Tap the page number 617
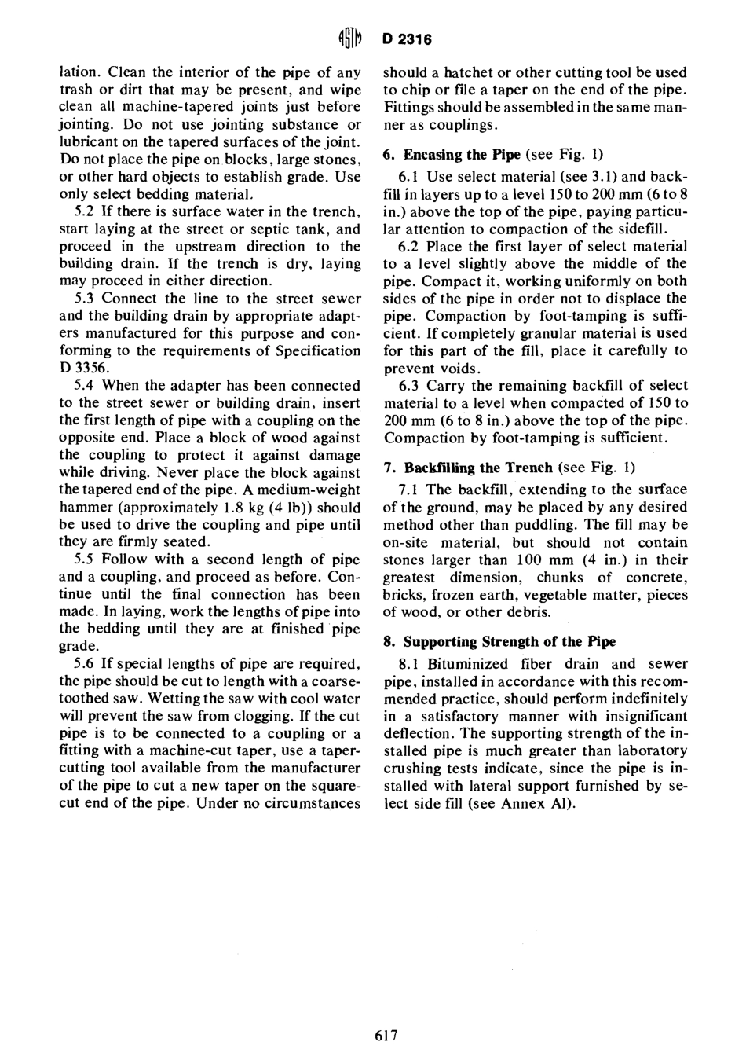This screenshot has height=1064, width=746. click(387, 1035)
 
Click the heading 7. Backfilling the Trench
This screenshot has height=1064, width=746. click(468, 468)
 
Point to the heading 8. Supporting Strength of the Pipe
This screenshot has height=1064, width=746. click(499, 641)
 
